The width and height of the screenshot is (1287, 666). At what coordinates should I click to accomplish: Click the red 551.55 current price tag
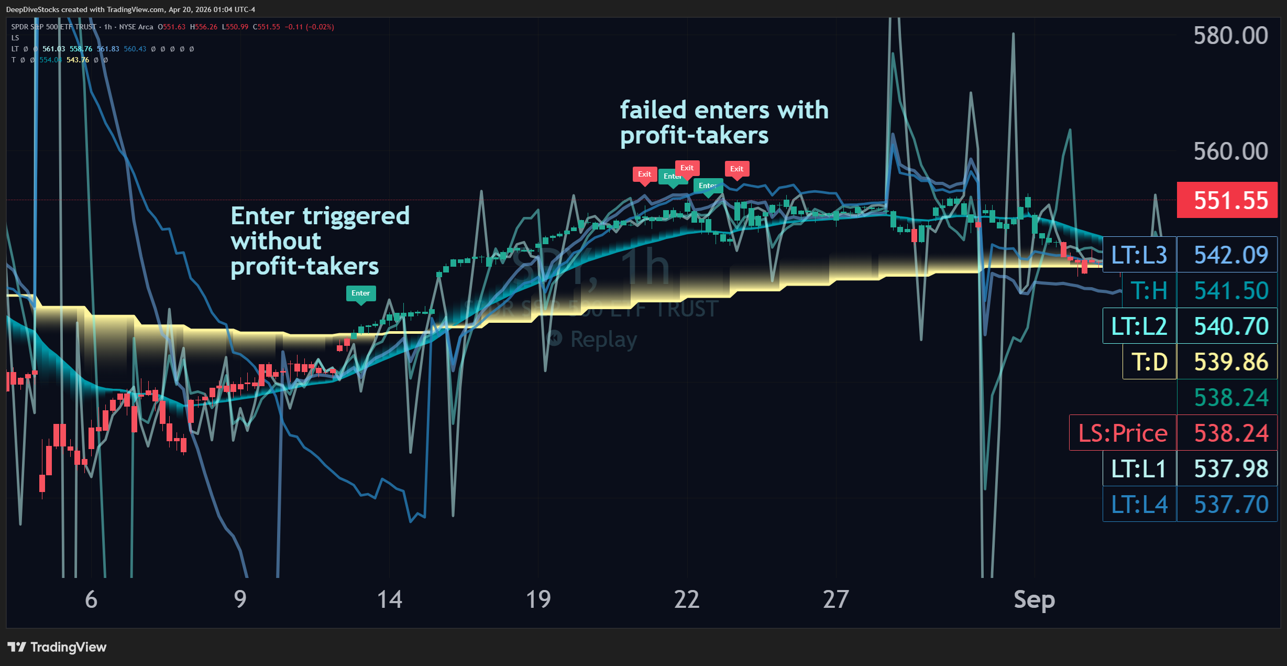point(1227,200)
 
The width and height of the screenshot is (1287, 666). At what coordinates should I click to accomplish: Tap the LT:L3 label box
point(1139,255)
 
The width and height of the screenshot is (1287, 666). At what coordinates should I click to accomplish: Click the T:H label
point(1149,291)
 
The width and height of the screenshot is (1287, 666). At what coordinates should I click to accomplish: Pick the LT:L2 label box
point(1139,326)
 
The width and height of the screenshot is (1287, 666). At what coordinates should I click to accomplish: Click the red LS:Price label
point(1123,433)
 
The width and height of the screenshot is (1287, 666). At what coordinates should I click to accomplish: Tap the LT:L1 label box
point(1139,468)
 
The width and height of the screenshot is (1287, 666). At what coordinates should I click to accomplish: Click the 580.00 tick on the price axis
point(1230,36)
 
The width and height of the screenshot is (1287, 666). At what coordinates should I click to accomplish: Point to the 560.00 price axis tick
point(1230,151)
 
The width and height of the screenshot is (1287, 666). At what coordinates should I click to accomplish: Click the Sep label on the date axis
point(1034,599)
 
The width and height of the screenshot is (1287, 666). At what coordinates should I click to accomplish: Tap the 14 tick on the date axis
point(389,599)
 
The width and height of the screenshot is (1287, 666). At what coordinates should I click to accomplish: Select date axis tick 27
point(835,599)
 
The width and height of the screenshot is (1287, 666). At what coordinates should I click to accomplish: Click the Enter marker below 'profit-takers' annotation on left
point(360,293)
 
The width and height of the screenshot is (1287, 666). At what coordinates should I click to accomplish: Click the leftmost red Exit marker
point(644,174)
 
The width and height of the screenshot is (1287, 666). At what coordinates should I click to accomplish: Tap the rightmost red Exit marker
point(736,169)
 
